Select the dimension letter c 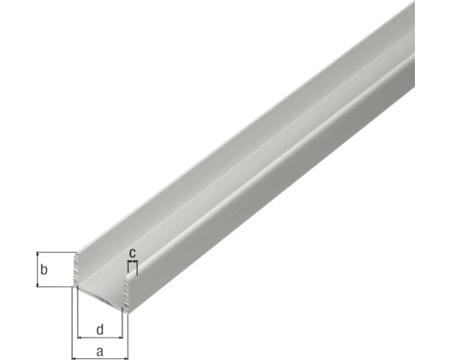pos(132,253)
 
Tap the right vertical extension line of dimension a pos(128,328)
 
